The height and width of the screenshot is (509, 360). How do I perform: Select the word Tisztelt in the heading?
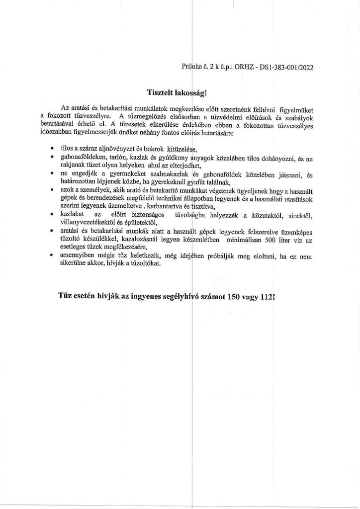point(162,92)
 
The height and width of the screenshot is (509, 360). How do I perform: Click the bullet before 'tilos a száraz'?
point(53,148)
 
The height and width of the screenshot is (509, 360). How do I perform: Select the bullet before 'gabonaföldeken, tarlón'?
point(53,158)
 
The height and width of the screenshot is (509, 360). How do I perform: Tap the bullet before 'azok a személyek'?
point(53,189)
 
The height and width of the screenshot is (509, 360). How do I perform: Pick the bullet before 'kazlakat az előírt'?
point(53,214)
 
